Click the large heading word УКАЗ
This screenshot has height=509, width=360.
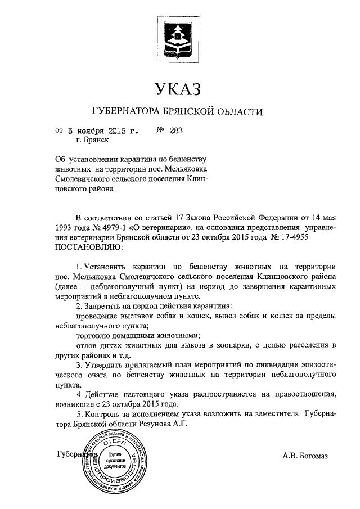click(178, 88)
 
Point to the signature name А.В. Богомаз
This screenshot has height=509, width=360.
click(305, 456)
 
